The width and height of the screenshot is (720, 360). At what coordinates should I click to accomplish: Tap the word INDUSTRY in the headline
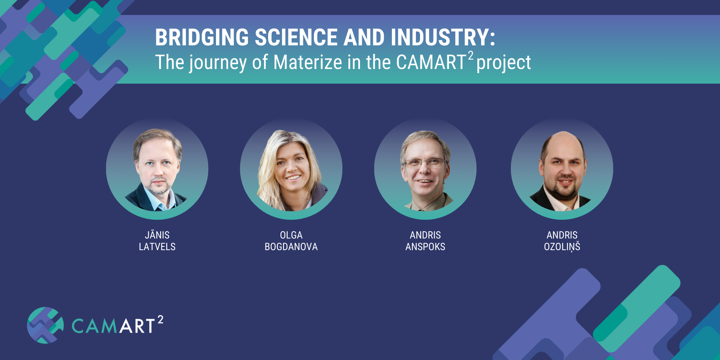(x=439, y=37)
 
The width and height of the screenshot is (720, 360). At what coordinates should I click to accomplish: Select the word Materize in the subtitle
(x=308, y=62)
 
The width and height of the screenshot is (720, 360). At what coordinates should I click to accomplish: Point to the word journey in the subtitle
(x=218, y=63)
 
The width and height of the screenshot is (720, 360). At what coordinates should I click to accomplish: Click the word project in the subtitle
(x=504, y=63)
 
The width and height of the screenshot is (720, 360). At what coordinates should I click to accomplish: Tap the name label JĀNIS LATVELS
(x=157, y=240)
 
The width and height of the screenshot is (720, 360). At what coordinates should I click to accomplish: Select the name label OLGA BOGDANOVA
(x=291, y=241)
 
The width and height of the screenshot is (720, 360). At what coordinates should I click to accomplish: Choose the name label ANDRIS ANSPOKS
(x=425, y=241)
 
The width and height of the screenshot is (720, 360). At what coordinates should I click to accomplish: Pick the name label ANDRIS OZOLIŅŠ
(x=562, y=241)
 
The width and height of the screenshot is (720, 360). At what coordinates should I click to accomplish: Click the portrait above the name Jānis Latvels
(x=157, y=169)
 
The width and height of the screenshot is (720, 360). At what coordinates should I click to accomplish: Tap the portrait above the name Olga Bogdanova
(x=291, y=169)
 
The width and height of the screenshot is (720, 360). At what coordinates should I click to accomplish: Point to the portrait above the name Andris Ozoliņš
(x=562, y=169)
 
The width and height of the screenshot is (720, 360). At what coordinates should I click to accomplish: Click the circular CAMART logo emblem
(x=45, y=325)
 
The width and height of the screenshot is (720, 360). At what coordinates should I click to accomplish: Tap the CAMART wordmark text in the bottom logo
(x=113, y=325)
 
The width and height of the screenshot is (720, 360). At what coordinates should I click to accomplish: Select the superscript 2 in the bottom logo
(x=160, y=319)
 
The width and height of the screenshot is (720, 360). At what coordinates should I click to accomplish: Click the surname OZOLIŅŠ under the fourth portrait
(x=562, y=247)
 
